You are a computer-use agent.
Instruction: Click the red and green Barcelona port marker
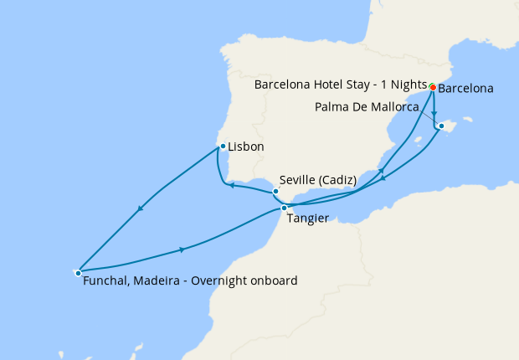[x=432, y=87]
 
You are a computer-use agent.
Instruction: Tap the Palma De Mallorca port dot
[x=441, y=127]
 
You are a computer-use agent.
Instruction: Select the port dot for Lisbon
[x=222, y=147]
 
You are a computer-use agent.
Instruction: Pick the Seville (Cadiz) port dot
[x=275, y=191]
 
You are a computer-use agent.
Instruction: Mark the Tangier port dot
[x=285, y=208]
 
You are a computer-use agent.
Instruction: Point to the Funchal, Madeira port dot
[x=78, y=272]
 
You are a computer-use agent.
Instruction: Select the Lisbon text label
[x=246, y=147]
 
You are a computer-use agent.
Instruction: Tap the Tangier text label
[x=307, y=219]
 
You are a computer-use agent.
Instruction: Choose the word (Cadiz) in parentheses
[x=340, y=180]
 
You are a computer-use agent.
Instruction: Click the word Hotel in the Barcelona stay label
[x=326, y=85]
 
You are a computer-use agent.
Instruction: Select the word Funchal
[x=106, y=281]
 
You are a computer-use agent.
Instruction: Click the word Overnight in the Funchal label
[x=218, y=281]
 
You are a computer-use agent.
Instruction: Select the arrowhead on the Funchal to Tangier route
[x=182, y=249]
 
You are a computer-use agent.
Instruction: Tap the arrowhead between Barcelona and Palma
[x=435, y=113]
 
